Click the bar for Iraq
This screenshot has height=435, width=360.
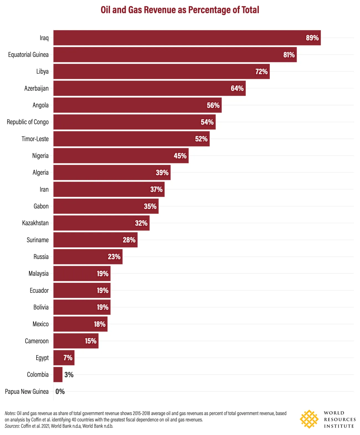click(x=177, y=38)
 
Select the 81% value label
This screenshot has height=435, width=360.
click(x=289, y=55)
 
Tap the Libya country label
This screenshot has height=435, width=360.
click(x=42, y=71)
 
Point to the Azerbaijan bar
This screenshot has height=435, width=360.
click(x=138, y=88)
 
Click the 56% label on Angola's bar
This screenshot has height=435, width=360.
click(x=213, y=105)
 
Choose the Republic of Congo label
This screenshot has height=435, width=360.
click(x=28, y=122)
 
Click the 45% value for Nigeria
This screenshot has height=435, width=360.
click(x=180, y=156)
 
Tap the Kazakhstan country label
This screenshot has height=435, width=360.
click(x=35, y=223)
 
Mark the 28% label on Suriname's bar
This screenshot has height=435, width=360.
click(x=129, y=240)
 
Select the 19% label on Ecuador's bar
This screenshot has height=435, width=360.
click(x=102, y=290)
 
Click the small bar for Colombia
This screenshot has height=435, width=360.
click(x=58, y=375)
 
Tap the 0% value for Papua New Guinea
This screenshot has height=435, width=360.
click(x=60, y=391)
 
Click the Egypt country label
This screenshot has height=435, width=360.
click(x=42, y=358)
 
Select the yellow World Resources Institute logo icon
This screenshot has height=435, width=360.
click(x=309, y=419)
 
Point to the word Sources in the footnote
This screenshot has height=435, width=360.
click(x=12, y=426)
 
